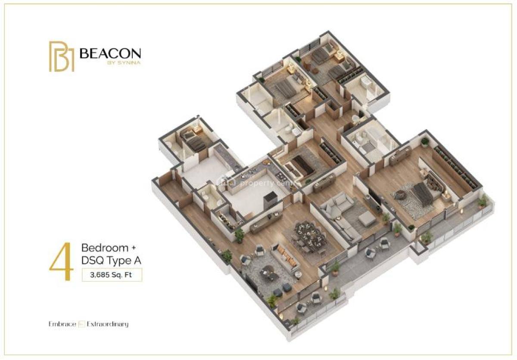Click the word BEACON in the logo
(110, 53)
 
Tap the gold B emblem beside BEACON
(61, 56)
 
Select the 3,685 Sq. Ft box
(112, 274)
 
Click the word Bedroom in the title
(105, 248)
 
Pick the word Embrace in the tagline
(62, 324)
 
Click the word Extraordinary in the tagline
(107, 324)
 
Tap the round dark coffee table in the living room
(267, 271)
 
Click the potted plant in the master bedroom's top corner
(425, 142)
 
